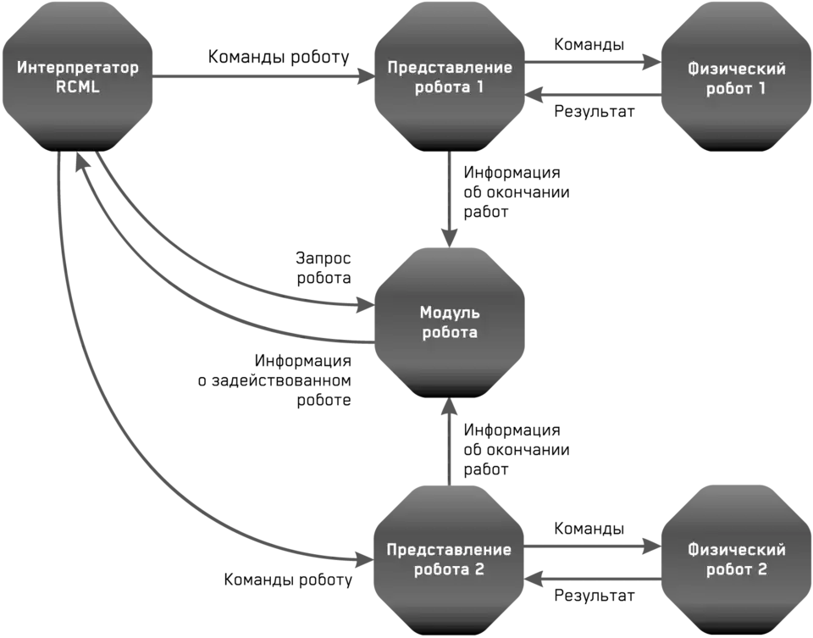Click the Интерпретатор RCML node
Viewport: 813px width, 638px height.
pos(77,76)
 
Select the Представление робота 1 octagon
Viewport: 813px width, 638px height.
pos(450,76)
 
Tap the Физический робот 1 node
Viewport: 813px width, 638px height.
pos(736,77)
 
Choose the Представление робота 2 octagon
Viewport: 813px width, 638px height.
pos(449,559)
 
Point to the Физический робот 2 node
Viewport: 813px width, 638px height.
pos(736,559)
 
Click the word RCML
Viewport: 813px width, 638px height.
pos(77,86)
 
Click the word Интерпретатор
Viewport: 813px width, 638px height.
pos(77,67)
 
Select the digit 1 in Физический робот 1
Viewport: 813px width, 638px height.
pos(760,87)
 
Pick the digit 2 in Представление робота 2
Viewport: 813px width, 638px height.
pos(479,569)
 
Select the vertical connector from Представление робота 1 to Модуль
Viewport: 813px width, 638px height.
pos(451,191)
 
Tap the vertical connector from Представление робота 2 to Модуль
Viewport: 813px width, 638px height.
pos(451,445)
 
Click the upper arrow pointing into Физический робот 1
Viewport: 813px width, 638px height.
pos(593,60)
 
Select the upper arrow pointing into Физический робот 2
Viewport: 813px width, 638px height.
pos(593,545)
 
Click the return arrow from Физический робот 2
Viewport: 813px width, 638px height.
pos(593,580)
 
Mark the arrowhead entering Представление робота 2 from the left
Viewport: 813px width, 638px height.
pos(362,559)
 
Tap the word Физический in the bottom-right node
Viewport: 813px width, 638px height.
pos(736,550)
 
